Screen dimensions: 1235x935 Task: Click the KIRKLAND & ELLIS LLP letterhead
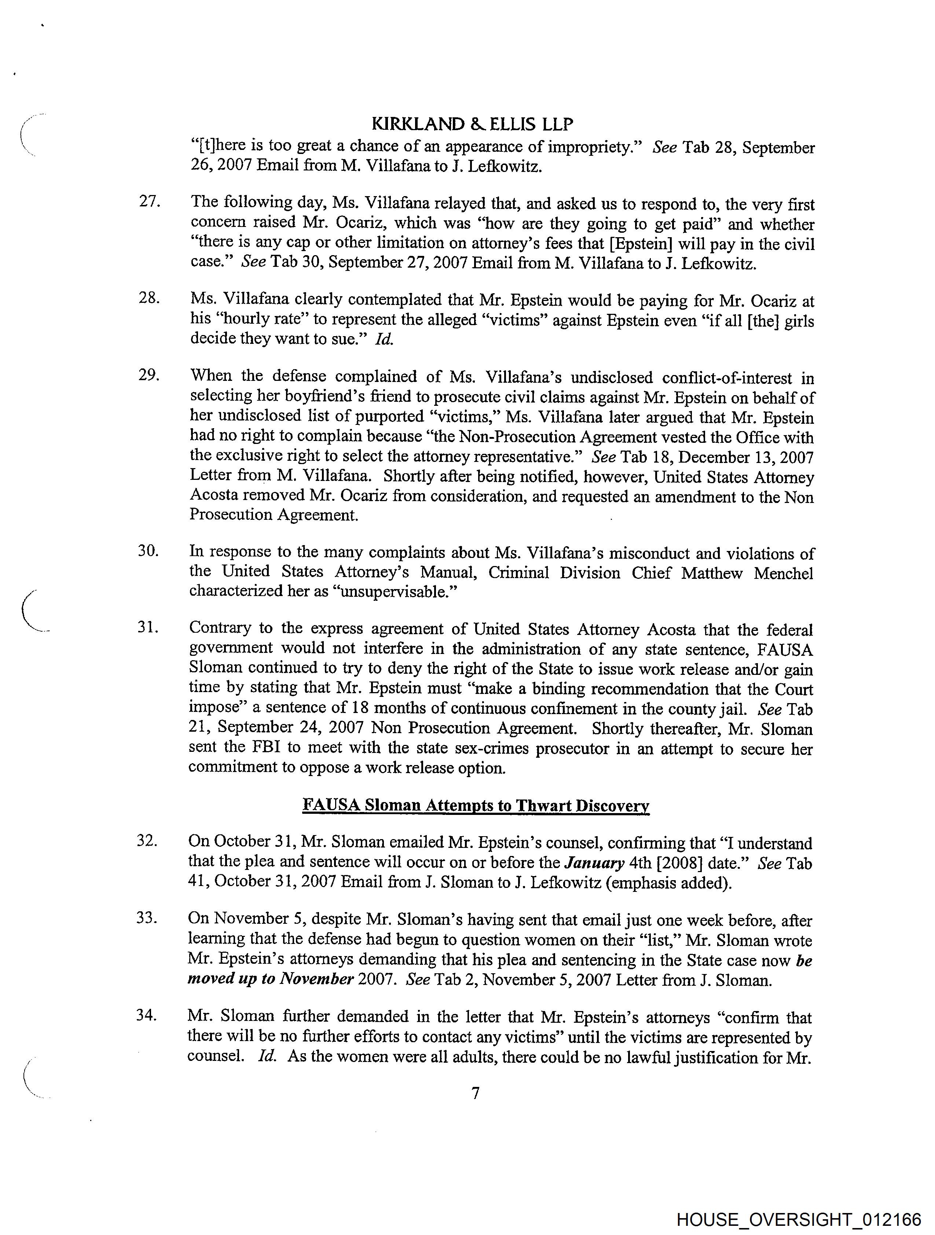click(x=473, y=124)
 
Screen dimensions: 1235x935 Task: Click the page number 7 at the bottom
click(x=475, y=1093)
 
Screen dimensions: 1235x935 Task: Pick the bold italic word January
click(x=594, y=863)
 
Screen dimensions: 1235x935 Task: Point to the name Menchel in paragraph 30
click(x=783, y=573)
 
